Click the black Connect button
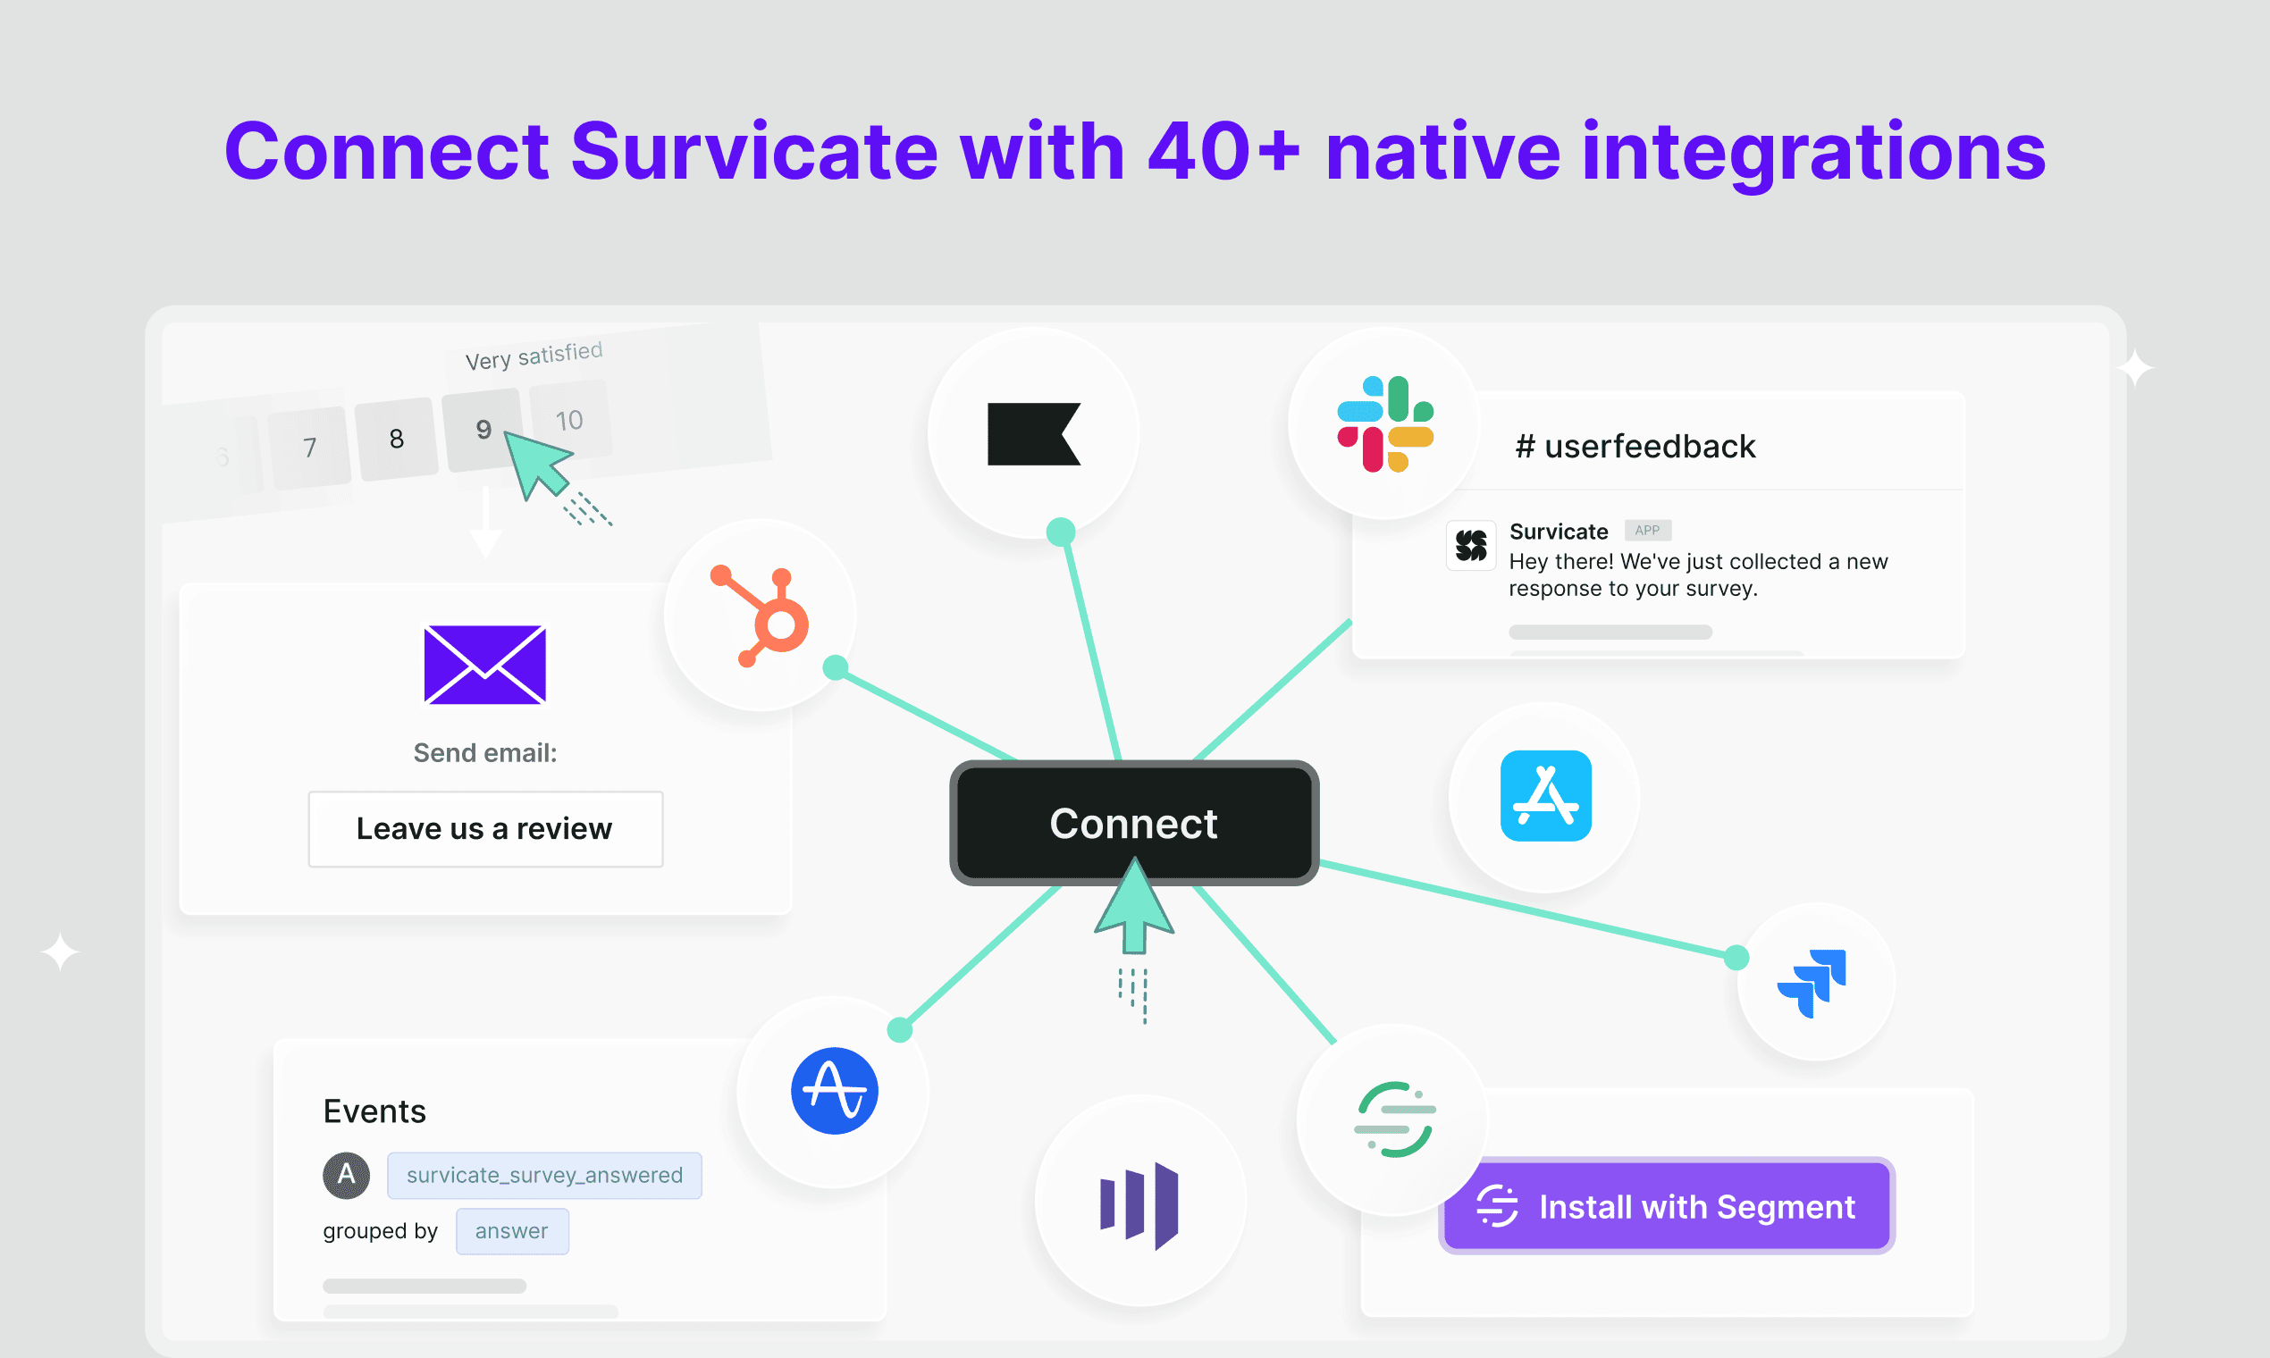1134,823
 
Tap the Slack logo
1385,423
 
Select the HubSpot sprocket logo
760,616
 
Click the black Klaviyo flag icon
1034,433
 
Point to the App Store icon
1546,795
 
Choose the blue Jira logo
1812,983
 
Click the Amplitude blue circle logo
835,1091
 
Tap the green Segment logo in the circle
1395,1119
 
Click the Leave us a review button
485,829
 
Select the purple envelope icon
485,666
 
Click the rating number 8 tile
396,440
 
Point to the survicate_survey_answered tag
544,1175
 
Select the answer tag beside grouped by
512,1231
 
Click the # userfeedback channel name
1635,447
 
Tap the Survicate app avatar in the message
1472,545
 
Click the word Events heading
374,1111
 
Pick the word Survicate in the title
754,151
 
